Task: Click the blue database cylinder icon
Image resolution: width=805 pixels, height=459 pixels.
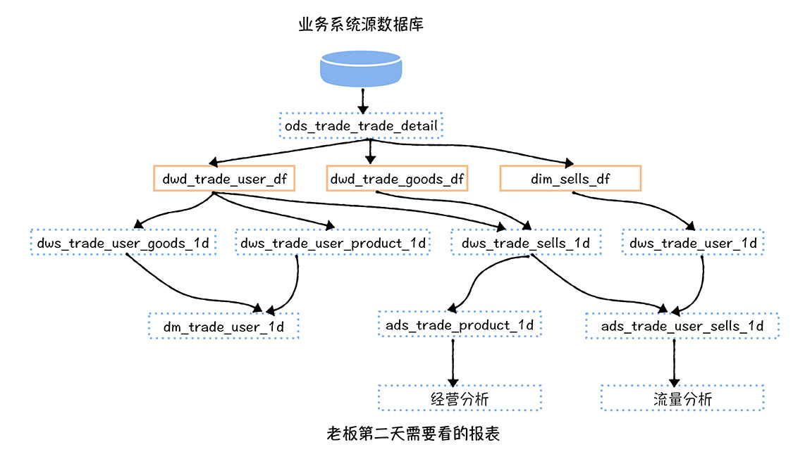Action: pyautogui.click(x=362, y=69)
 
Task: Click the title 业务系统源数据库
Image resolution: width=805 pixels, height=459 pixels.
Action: pyautogui.click(x=361, y=25)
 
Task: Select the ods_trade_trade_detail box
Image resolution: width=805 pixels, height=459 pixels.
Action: pyautogui.click(x=361, y=126)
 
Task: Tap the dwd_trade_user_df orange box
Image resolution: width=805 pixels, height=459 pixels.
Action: pyautogui.click(x=223, y=179)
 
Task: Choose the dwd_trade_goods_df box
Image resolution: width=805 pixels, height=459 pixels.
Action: pyautogui.click(x=398, y=179)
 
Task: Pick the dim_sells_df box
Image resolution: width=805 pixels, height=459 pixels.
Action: pyautogui.click(x=570, y=179)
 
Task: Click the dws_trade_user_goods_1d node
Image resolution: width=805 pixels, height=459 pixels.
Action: pyautogui.click(x=123, y=243)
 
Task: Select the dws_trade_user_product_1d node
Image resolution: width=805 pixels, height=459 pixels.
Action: pyautogui.click(x=333, y=243)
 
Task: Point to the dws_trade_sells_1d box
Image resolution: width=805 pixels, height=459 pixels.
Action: pyautogui.click(x=527, y=243)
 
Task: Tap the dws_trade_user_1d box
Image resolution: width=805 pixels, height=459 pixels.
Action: pyautogui.click(x=693, y=243)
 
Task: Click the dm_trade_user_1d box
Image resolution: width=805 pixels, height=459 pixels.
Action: pyautogui.click(x=223, y=326)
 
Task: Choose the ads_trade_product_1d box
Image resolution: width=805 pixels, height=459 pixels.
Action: pyautogui.click(x=460, y=325)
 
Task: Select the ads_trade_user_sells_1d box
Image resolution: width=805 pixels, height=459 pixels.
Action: pyautogui.click(x=682, y=326)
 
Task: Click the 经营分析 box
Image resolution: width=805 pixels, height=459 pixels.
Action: pyautogui.click(x=460, y=398)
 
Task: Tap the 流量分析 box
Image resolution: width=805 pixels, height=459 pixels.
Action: pyautogui.click(x=682, y=398)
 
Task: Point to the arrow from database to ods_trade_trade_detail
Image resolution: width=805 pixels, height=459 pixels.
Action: pyautogui.click(x=362, y=101)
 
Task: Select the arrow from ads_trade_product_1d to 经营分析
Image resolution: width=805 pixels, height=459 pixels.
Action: pyautogui.click(x=453, y=360)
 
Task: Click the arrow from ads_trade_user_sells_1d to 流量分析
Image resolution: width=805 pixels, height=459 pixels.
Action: pyautogui.click(x=675, y=360)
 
